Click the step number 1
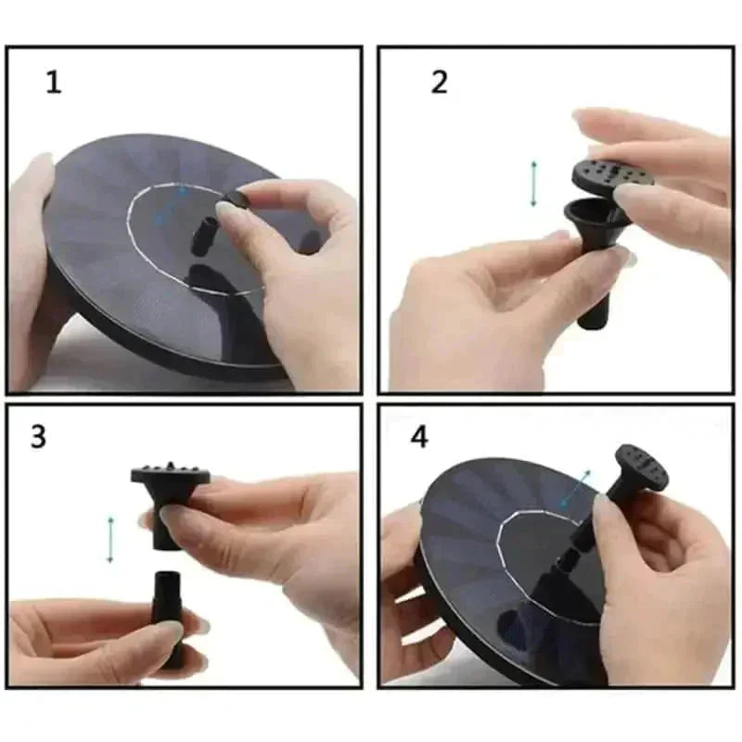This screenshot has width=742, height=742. (x=54, y=82)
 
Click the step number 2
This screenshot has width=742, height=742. (x=439, y=82)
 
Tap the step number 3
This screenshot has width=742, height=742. (x=38, y=436)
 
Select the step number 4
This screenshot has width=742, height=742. (x=419, y=437)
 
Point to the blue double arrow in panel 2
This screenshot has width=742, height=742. (x=534, y=184)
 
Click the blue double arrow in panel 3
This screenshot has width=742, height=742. (x=110, y=540)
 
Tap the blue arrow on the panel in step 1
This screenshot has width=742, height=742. (x=172, y=205)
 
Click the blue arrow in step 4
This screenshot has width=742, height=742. (x=574, y=489)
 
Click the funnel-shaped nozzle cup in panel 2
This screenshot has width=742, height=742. (x=596, y=220)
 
